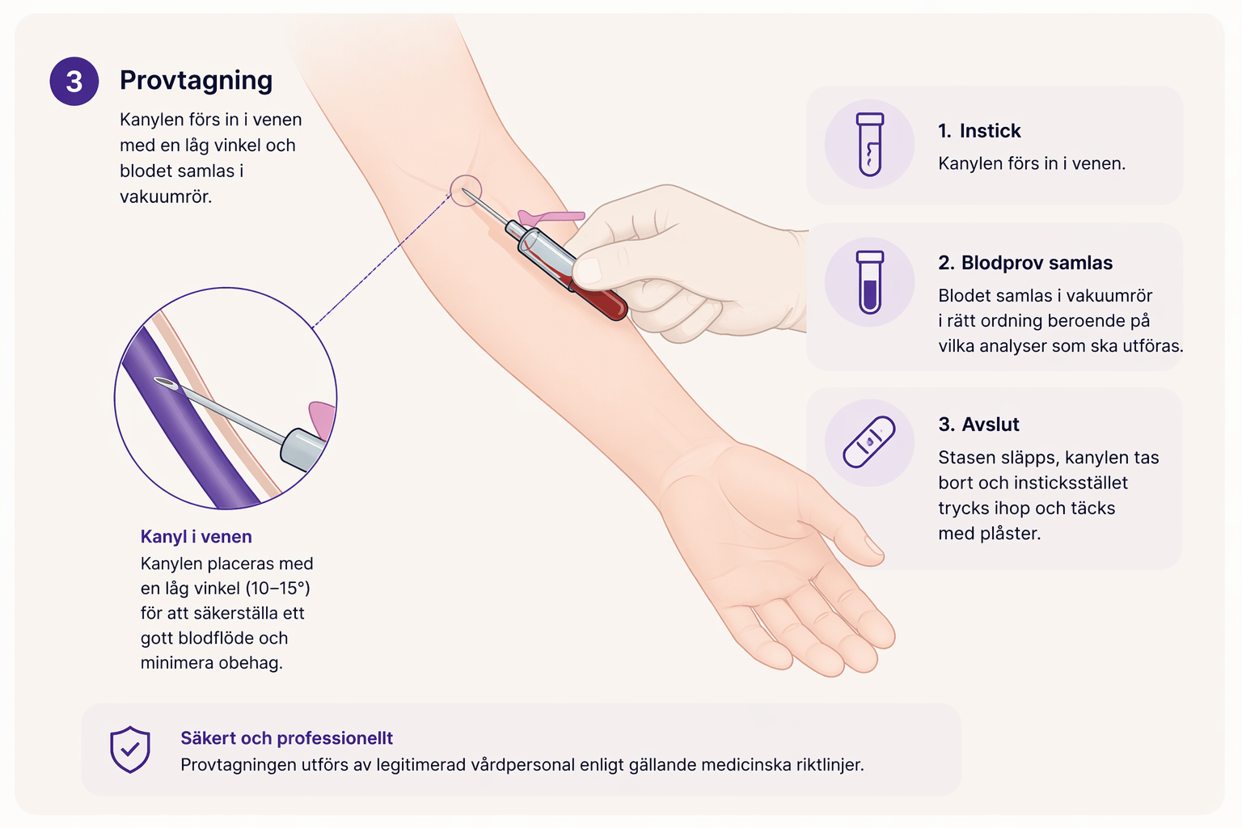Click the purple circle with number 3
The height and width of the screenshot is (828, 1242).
pos(74,82)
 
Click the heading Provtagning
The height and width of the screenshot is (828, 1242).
pos(196,81)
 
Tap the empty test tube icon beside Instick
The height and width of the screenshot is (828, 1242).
pos(869,144)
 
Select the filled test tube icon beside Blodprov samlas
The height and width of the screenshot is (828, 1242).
pos(869,281)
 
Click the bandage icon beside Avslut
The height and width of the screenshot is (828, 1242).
pos(869,442)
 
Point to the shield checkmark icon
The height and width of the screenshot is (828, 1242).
pos(129,750)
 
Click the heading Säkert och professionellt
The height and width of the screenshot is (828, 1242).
pos(287,738)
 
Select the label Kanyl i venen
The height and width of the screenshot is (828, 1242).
pos(196,537)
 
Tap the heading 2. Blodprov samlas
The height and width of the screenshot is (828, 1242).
pos(1025,263)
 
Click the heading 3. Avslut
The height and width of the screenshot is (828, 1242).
pos(978,425)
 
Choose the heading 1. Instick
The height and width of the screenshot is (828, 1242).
pos(979,131)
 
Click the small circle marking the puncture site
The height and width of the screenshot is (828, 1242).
pos(466,191)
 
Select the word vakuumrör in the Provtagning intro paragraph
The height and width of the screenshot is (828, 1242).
pos(166,196)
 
